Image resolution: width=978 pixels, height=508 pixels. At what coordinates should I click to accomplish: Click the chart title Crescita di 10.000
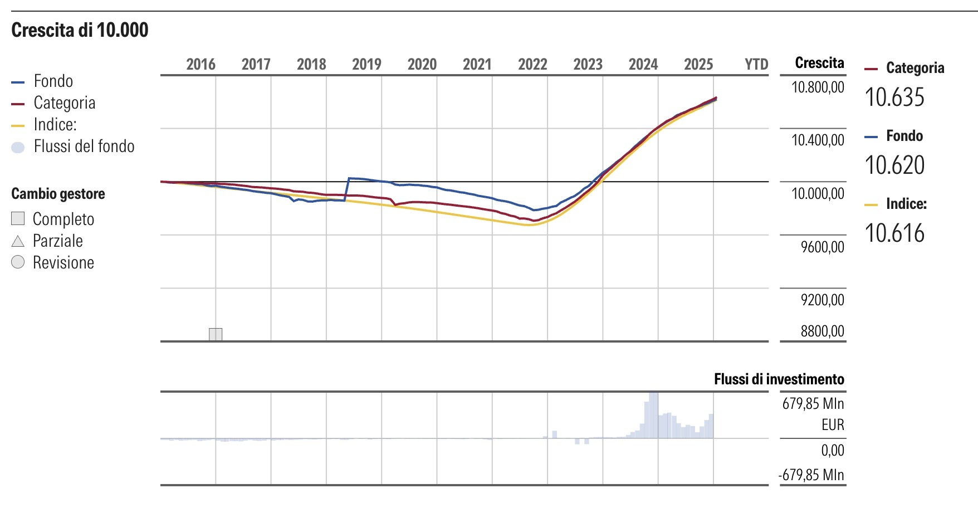80,30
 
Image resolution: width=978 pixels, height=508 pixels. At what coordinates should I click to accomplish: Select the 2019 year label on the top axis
366,64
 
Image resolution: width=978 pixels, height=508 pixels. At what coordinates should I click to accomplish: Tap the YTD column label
756,64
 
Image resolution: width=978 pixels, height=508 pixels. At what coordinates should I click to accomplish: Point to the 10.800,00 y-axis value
818,87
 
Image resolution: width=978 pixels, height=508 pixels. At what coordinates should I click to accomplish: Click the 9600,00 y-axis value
822,247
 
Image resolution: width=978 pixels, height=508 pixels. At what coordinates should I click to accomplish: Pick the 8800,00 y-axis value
822,331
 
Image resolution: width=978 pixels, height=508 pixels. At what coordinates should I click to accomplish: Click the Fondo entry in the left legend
53,81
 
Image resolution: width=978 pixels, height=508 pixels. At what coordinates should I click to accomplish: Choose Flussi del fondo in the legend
84,146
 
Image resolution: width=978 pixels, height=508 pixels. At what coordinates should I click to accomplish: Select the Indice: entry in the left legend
55,125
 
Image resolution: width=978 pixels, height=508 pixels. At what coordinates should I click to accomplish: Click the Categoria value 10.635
894,97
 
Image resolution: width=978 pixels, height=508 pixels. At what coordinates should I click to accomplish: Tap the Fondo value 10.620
894,165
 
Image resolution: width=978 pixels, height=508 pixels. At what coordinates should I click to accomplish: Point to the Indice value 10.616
894,233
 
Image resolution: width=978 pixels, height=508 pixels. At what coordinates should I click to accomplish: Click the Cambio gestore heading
58,194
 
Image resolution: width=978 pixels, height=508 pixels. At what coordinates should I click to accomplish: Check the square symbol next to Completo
18,218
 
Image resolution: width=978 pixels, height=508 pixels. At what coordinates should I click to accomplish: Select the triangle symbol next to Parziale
18,241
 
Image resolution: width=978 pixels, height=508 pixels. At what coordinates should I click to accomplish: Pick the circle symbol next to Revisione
18,262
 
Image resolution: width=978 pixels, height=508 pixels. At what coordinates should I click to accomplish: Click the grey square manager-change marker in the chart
216,334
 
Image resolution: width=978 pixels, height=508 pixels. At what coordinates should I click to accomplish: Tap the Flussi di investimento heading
779,379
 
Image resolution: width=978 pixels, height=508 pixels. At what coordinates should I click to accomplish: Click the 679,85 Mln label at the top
813,403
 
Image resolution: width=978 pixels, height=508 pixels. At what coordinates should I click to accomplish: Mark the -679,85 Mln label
811,475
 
